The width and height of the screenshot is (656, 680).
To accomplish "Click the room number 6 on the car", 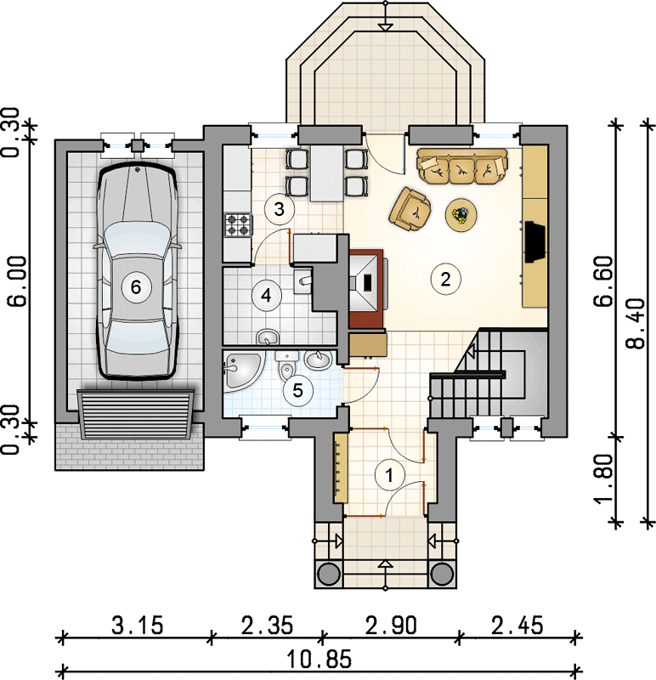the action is (x=136, y=286).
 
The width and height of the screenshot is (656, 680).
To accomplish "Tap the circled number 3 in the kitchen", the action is (x=280, y=209).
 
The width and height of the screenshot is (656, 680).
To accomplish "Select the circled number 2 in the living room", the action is (x=445, y=280).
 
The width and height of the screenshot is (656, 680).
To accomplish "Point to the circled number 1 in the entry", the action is (x=389, y=475).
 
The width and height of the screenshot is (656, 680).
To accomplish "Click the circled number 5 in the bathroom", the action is (x=297, y=390).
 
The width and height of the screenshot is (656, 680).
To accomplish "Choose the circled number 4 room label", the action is (x=266, y=295).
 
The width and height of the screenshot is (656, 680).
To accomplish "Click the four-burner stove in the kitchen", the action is (x=238, y=224).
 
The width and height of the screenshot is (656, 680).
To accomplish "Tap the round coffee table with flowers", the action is (x=461, y=214).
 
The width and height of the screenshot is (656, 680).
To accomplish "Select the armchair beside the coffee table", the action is (x=410, y=208).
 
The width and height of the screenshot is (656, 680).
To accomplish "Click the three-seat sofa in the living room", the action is (x=462, y=167).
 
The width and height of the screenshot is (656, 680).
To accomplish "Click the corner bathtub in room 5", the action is (x=242, y=370).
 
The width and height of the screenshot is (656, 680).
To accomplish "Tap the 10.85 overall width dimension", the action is (x=320, y=660).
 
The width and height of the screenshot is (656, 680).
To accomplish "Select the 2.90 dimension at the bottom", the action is (x=391, y=626).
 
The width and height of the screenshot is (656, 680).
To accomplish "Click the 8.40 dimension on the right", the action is (x=636, y=323).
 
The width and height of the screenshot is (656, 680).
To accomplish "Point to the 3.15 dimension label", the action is (x=138, y=626).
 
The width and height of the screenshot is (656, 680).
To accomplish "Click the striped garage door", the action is (x=136, y=414).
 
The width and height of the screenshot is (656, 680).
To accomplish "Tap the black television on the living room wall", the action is (x=534, y=241).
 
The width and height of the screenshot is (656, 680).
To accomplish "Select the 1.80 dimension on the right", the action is (x=604, y=479).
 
